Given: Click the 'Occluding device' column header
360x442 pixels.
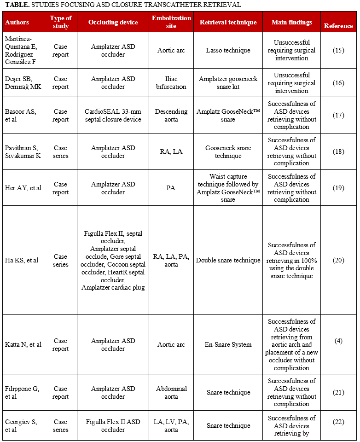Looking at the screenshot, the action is (x=113, y=22).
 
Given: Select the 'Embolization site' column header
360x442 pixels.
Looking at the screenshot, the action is (x=171, y=22).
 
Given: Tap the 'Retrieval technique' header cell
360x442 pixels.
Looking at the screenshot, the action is (x=228, y=22).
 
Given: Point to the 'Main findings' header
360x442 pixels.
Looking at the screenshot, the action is (x=291, y=22).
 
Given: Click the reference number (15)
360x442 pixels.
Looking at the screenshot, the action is (x=338, y=50).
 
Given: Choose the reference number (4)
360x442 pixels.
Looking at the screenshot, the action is (x=338, y=341).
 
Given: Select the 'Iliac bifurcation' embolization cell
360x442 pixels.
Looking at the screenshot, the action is (x=171, y=83).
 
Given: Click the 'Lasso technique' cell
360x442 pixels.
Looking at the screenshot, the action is (x=228, y=50).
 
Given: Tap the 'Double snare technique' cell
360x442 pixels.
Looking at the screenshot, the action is (x=228, y=261).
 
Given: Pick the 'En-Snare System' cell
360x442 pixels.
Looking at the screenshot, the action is (x=228, y=344).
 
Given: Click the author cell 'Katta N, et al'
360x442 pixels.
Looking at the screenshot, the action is (x=23, y=344).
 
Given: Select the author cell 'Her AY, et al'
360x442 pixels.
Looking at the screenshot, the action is (x=23, y=188).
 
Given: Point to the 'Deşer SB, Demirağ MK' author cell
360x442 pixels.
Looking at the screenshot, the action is (x=23, y=83).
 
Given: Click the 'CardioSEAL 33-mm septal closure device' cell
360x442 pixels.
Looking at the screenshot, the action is (x=113, y=116).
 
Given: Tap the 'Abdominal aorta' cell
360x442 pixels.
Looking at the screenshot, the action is (x=171, y=392).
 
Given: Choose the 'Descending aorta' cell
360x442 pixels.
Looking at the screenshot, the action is (x=171, y=116).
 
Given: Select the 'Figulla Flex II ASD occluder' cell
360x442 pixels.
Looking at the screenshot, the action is (x=113, y=426).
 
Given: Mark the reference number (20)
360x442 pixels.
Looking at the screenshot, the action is (x=338, y=261).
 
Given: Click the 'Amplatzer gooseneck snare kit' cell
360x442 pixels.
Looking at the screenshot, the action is (x=228, y=83).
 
